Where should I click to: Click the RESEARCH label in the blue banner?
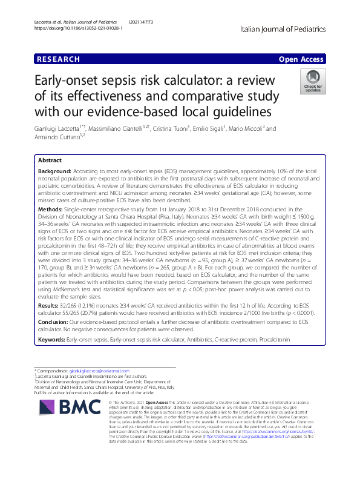[59, 59]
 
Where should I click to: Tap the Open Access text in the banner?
[301, 59]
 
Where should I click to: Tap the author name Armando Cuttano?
[61, 137]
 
